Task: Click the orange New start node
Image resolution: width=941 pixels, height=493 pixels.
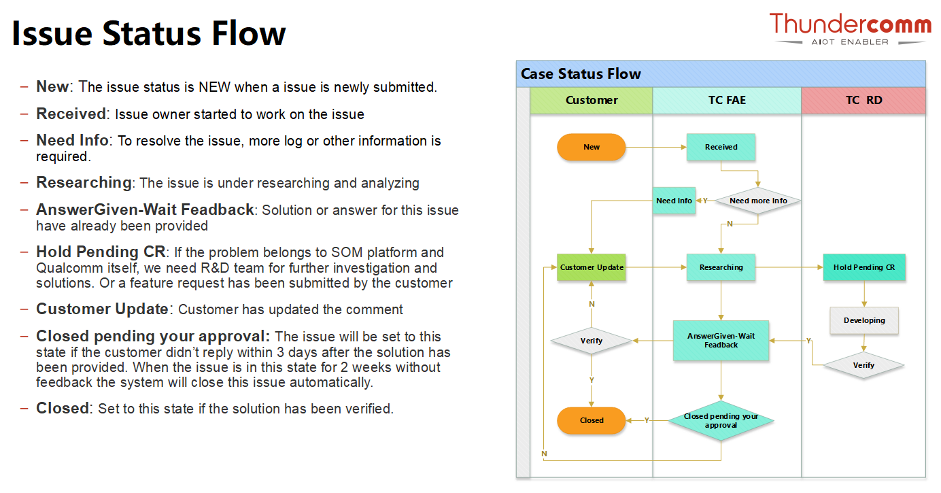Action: click(591, 147)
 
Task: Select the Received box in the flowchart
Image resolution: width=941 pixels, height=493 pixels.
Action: click(721, 147)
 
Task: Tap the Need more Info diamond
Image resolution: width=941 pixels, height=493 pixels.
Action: click(758, 201)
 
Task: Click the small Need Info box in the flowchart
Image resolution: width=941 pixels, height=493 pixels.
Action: click(674, 201)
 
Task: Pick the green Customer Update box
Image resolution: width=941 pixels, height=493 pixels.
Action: click(591, 267)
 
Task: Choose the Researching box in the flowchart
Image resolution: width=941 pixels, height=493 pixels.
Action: click(721, 267)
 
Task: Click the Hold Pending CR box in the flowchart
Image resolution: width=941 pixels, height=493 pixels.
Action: click(864, 267)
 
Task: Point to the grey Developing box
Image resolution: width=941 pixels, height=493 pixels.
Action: click(864, 321)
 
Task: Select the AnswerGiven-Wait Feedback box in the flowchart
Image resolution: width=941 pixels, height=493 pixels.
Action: click(721, 341)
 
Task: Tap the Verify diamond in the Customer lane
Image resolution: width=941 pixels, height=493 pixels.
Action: click(591, 341)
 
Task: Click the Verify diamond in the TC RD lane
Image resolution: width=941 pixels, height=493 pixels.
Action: click(863, 365)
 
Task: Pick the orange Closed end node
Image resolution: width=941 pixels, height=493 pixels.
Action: click(591, 420)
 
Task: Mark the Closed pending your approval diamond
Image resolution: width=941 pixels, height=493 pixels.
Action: click(721, 420)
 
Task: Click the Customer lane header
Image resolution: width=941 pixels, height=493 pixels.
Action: click(592, 101)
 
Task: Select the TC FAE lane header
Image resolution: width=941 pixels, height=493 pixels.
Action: click(727, 101)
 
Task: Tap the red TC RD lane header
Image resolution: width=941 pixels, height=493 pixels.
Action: click(863, 101)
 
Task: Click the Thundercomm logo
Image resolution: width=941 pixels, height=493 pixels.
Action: click(850, 29)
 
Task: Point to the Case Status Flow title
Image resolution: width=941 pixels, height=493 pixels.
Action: click(581, 74)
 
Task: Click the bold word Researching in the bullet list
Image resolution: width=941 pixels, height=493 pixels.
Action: click(84, 183)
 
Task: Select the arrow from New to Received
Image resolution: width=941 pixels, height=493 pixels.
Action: click(656, 147)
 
